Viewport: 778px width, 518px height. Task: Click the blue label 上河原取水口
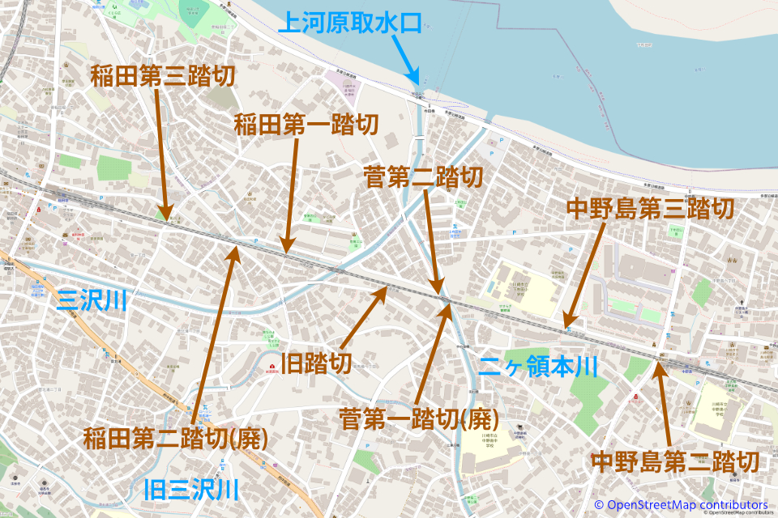click(350, 22)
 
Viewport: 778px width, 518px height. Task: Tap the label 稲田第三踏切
click(162, 77)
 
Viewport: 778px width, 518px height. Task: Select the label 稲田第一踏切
click(306, 125)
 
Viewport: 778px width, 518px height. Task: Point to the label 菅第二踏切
click(424, 177)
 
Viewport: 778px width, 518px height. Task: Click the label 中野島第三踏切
click(651, 209)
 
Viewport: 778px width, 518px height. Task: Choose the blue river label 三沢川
click(92, 302)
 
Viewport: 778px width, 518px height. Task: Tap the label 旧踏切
click(315, 363)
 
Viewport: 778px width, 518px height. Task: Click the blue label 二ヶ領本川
click(538, 367)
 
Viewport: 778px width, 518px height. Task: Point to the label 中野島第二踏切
click(675, 462)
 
